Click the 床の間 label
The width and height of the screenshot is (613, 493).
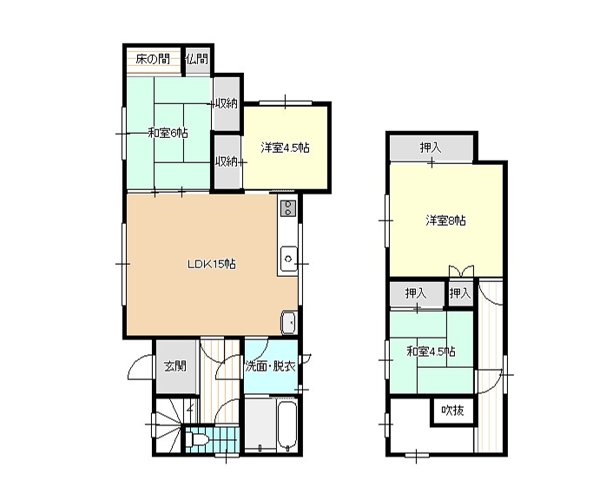coord(153,59)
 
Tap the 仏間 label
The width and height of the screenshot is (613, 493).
coord(197,59)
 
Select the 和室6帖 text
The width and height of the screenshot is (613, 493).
coord(168,133)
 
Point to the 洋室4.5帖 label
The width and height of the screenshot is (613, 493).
coord(286,148)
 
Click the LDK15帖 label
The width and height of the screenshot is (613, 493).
coord(212,265)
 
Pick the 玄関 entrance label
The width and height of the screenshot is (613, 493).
coord(175,366)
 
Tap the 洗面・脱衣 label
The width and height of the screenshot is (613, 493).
coord(270,366)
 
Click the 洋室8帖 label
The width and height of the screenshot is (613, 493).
coord(445,220)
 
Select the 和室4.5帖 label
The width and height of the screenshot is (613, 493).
coord(432,352)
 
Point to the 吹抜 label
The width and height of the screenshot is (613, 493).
coord(452,411)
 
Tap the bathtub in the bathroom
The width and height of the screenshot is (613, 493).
coord(287,425)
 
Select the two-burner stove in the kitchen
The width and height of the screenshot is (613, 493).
coord(288,208)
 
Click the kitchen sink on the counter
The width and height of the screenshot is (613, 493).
coord(288,259)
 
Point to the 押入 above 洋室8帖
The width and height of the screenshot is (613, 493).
coord(431,148)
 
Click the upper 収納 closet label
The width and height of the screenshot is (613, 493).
coord(226,103)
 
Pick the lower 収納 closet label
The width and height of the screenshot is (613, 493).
coord(227,161)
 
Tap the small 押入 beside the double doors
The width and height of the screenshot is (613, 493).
coord(460,293)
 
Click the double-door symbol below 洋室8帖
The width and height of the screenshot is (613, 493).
coord(461,271)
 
